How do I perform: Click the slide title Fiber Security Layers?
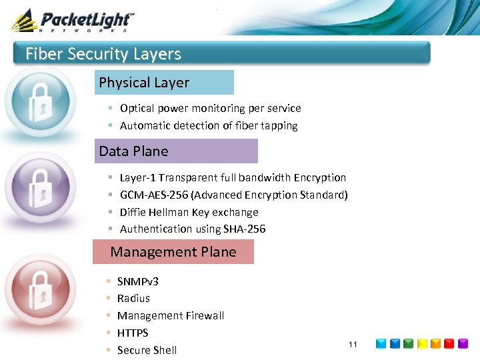[103, 54]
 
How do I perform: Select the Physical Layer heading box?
[164, 83]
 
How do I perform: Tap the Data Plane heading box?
[176, 151]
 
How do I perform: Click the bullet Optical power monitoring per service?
[210, 108]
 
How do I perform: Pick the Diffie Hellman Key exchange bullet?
[189, 212]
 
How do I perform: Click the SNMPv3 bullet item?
[137, 281]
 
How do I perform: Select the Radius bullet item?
[133, 298]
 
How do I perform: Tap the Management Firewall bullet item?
[170, 315]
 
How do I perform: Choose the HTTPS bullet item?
[133, 333]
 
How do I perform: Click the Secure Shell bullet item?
[147, 350]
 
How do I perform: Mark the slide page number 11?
[353, 344]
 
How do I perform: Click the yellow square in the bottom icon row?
[435, 344]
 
